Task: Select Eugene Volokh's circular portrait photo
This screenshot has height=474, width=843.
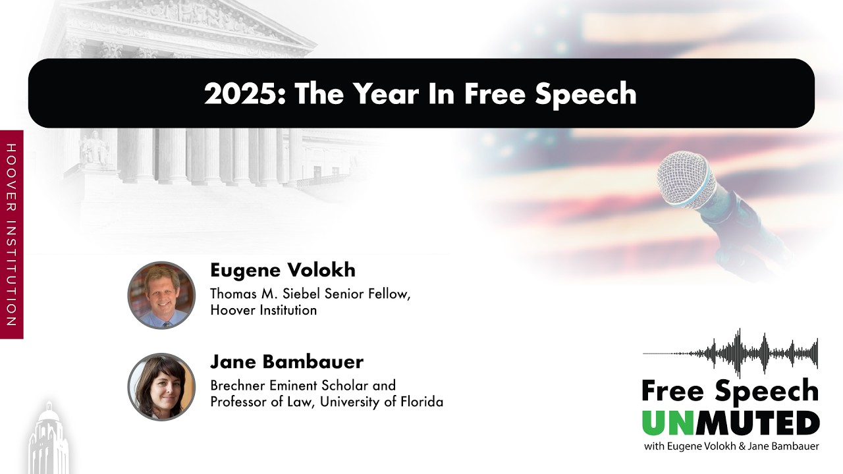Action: (x=161, y=295)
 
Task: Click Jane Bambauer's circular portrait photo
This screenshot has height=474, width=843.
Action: (x=161, y=386)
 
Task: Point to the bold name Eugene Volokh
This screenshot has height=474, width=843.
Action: (x=283, y=270)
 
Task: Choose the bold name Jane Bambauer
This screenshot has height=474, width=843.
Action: (x=286, y=361)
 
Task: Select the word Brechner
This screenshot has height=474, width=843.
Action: (x=238, y=385)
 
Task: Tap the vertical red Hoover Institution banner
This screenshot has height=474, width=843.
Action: (x=11, y=234)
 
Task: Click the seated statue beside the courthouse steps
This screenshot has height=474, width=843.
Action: (x=94, y=147)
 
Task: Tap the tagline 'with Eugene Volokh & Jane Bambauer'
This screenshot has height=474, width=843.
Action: (x=732, y=447)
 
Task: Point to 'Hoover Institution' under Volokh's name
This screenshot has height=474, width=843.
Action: (x=263, y=309)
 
